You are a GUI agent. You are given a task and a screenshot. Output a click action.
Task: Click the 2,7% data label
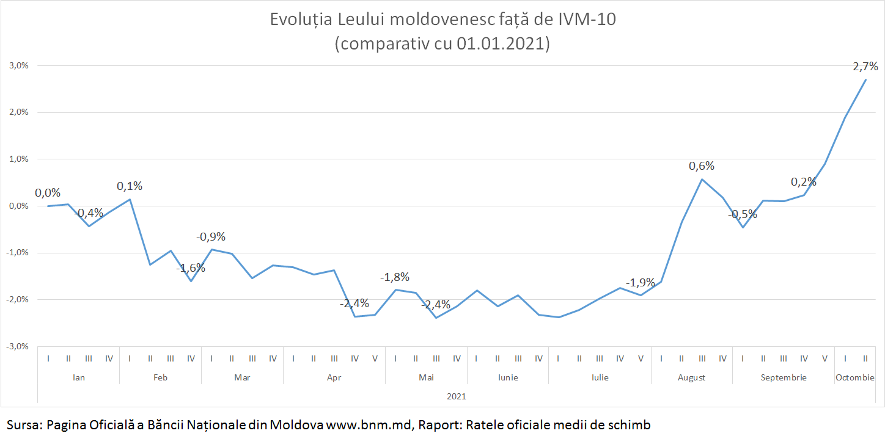pyautogui.click(x=865, y=66)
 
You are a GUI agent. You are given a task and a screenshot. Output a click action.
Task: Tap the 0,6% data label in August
pyautogui.click(x=702, y=166)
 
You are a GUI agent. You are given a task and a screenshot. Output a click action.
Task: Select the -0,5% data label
pyautogui.click(x=742, y=215)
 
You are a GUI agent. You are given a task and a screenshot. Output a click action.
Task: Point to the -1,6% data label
pyautogui.click(x=191, y=268)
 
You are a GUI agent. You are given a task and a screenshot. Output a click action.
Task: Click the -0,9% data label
pyautogui.click(x=211, y=237)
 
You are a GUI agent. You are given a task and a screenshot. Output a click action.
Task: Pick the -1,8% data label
pyautogui.click(x=395, y=277)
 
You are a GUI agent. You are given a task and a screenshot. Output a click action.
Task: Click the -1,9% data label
pyautogui.click(x=640, y=283)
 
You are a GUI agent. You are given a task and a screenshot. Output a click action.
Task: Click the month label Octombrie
pyautogui.click(x=855, y=378)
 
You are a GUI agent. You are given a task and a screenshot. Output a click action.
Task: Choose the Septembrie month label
pyautogui.click(x=784, y=378)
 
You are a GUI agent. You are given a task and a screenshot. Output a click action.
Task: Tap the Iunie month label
pyautogui.click(x=507, y=378)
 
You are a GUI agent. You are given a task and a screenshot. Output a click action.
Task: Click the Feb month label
pyautogui.click(x=160, y=378)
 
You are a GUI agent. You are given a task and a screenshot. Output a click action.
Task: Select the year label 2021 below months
pyautogui.click(x=456, y=396)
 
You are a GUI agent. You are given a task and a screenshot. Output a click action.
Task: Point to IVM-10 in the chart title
pyautogui.click(x=587, y=20)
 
